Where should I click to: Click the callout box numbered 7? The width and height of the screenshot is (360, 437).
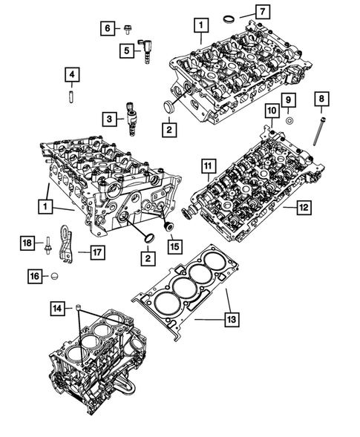[262, 11]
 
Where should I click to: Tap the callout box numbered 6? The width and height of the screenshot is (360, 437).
[108, 28]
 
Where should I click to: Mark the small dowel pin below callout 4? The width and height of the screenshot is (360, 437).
[72, 96]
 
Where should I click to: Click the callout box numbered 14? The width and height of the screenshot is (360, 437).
[56, 306]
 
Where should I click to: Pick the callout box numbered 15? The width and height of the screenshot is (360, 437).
[174, 244]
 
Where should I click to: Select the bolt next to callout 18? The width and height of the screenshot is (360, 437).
[48, 244]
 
